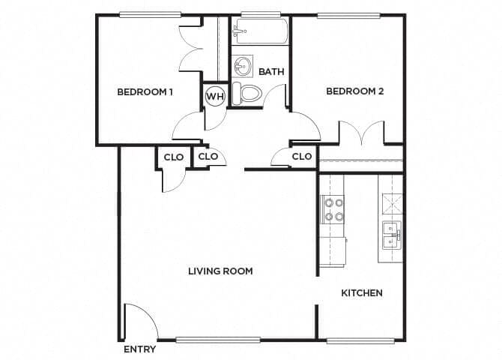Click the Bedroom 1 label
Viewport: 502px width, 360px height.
[145, 92]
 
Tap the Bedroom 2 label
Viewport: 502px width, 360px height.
[354, 91]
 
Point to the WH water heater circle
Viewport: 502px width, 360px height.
[215, 96]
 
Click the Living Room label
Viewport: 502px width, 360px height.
[220, 271]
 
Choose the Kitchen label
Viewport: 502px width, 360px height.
[362, 292]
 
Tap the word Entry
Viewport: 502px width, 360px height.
[139, 349]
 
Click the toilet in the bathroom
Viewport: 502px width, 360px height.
[247, 94]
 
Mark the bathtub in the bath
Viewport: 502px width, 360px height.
[260, 31]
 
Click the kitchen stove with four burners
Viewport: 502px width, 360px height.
[333, 209]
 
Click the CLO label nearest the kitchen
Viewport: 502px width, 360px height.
[301, 157]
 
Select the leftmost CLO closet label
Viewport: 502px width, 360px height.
[174, 157]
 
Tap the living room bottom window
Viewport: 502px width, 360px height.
[219, 340]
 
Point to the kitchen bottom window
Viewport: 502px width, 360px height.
[360, 340]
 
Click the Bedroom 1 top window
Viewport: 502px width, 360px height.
[150, 14]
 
